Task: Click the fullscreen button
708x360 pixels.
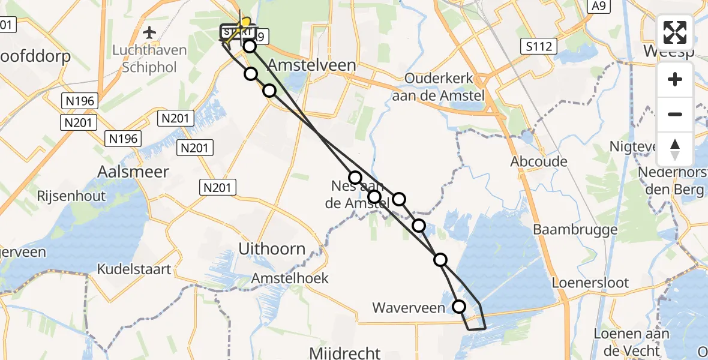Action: tap(675, 32)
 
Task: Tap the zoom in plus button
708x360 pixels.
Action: tap(675, 79)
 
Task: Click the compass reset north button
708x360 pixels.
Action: tap(675, 149)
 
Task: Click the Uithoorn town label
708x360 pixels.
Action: tap(272, 248)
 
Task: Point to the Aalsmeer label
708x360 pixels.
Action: tap(133, 172)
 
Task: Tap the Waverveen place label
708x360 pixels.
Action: tap(409, 308)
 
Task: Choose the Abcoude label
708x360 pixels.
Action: tap(539, 161)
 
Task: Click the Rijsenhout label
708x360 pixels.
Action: tap(71, 196)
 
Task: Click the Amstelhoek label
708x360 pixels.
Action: tap(290, 278)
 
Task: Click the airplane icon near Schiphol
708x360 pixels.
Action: tap(149, 31)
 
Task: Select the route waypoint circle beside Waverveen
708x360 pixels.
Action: tap(459, 307)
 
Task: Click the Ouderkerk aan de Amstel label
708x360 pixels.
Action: tap(439, 86)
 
